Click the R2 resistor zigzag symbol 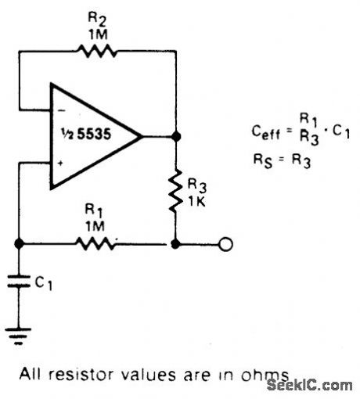point(98,51)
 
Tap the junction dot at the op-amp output point(176,136)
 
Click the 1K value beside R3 point(196,197)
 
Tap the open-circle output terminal point(225,244)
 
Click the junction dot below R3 point(176,244)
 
